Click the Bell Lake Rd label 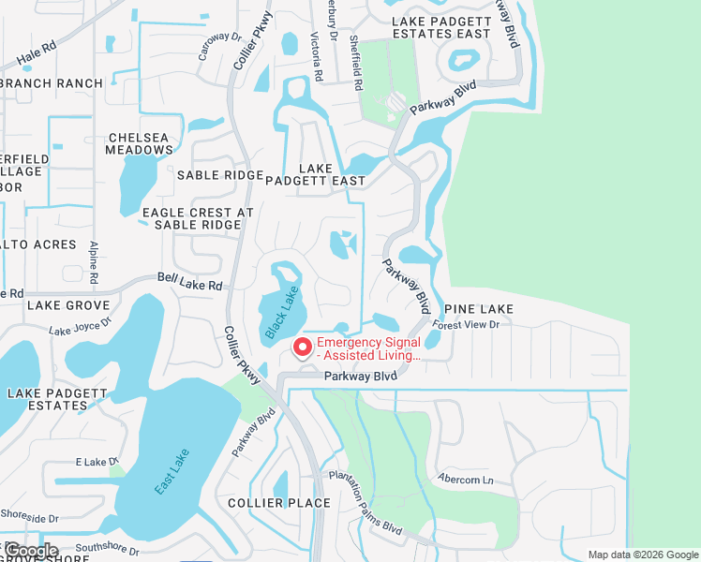pyautogui.click(x=189, y=282)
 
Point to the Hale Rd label pyautogui.click(x=37, y=57)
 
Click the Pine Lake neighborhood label pyautogui.click(x=479, y=309)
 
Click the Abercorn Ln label pyautogui.click(x=465, y=480)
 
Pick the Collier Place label pyautogui.click(x=279, y=503)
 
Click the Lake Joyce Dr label pyautogui.click(x=80, y=327)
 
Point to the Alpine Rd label pyautogui.click(x=94, y=261)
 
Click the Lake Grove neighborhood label pyautogui.click(x=68, y=305)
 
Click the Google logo pyautogui.click(x=32, y=551)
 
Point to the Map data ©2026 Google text pyautogui.click(x=642, y=555)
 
